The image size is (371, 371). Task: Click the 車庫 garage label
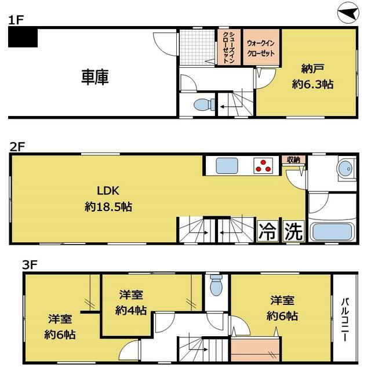click(x=95, y=77)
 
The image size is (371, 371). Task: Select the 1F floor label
click(x=16, y=20)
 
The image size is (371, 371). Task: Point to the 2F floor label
click(x=16, y=147)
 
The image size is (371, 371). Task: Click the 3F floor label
click(x=29, y=265)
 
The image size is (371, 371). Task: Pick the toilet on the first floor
click(x=202, y=105)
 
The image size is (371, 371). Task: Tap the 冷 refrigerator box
click(x=268, y=232)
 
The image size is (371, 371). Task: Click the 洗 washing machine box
click(x=293, y=232)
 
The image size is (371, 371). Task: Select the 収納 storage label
click(x=293, y=159)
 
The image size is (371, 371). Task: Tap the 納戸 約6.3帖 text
click(x=312, y=76)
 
